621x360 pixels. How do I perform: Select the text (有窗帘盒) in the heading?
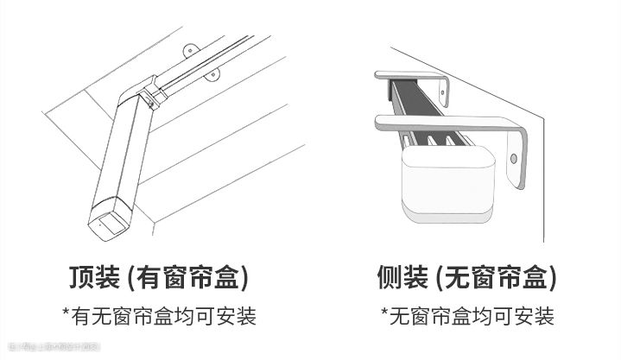click(187, 278)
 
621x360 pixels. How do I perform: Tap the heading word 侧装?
click(402, 278)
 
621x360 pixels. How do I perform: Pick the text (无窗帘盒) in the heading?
click(496, 278)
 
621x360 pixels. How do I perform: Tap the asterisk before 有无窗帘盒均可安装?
click(66, 313)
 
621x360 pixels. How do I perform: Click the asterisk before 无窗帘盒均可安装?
click(384, 313)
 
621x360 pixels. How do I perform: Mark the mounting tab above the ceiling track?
click(192, 47)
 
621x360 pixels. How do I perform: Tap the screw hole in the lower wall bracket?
click(513, 159)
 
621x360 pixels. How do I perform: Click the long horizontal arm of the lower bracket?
click(440, 122)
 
